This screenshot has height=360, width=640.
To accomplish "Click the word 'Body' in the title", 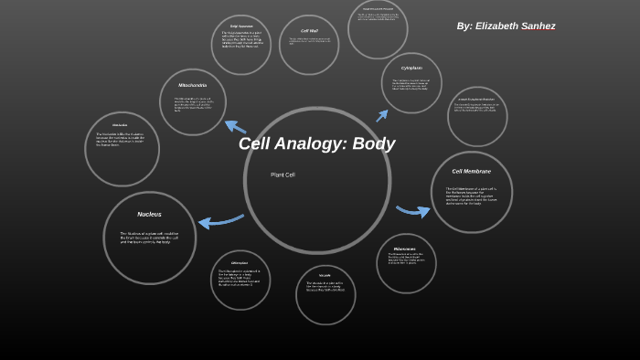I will (374, 143).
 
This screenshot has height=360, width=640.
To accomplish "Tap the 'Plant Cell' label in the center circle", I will (283, 175).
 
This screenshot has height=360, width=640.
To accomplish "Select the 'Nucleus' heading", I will (149, 214).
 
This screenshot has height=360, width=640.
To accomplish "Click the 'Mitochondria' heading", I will (192, 85).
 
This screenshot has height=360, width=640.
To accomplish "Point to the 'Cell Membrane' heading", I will (471, 171).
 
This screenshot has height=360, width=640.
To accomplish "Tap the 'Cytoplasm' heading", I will (411, 68).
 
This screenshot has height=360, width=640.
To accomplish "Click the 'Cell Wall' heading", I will (309, 31).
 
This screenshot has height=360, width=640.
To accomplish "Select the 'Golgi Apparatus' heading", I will (241, 26).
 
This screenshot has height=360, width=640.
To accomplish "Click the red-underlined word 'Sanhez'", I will (539, 26).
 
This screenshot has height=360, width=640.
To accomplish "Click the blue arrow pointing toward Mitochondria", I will (235, 127).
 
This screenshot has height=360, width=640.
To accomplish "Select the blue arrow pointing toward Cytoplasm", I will (381, 115).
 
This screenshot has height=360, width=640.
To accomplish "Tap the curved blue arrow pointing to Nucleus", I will (219, 220).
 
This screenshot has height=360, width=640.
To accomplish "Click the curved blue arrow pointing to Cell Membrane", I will (413, 210).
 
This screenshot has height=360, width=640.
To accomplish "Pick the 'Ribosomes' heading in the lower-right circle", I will (404, 249).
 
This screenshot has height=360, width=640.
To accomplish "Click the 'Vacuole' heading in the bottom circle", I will (325, 275).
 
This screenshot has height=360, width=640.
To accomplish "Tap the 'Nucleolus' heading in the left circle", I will (120, 125).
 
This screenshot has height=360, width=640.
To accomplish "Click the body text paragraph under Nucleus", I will (149, 237).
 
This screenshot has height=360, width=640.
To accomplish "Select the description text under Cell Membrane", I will (471, 196).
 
